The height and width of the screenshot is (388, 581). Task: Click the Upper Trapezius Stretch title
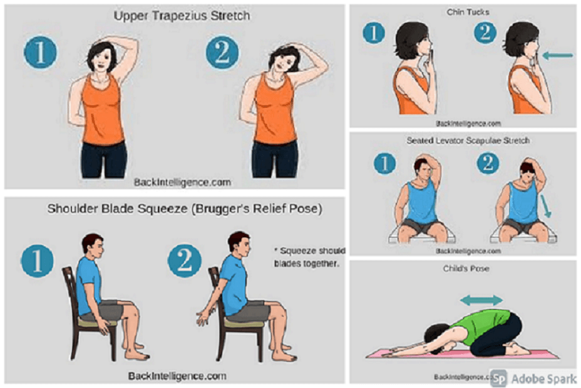point(182,16)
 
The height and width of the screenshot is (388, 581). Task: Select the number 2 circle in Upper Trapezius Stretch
point(223,53)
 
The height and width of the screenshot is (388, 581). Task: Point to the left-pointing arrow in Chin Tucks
point(557,56)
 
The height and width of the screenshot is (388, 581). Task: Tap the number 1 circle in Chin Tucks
point(374,33)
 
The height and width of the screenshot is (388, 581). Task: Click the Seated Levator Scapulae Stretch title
point(468,140)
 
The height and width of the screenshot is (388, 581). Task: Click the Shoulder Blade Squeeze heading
point(185,209)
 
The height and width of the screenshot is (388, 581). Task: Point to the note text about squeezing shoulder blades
point(309,256)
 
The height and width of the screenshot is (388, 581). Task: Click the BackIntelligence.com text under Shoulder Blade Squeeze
point(177,376)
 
